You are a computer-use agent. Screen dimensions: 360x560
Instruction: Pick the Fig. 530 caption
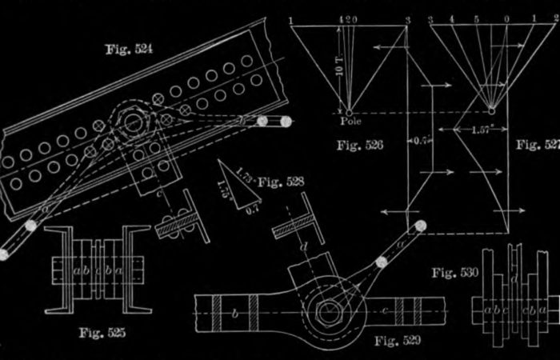tap(454, 272)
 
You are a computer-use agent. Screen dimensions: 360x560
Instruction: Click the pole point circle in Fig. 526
tap(348, 112)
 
